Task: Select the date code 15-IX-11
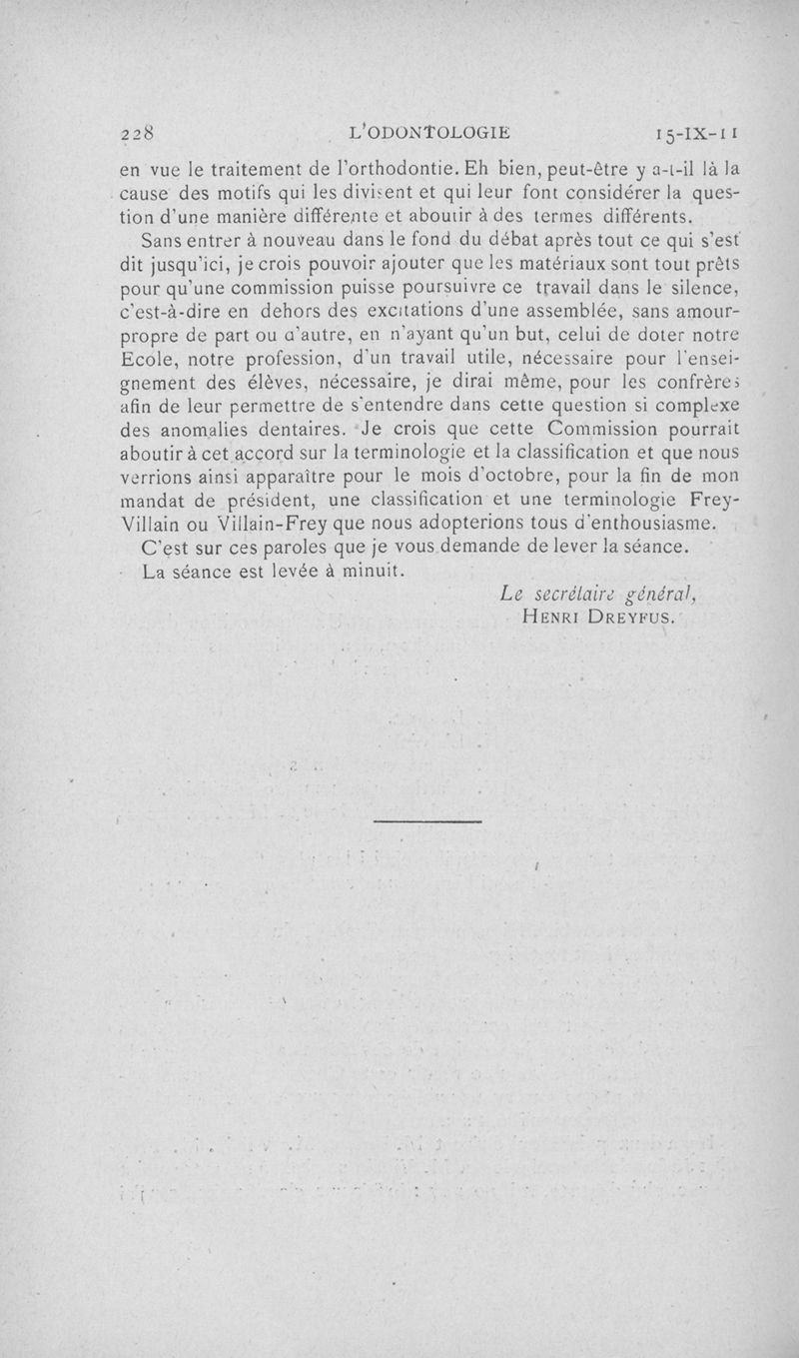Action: (698, 131)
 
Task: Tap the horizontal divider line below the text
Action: (426, 821)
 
